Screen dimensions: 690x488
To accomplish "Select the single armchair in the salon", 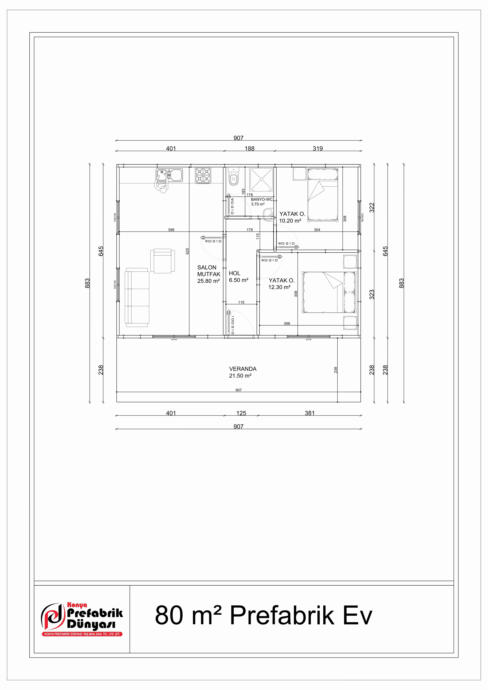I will tap(162, 261).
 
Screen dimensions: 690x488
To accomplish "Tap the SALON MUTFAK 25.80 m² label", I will tap(209, 274).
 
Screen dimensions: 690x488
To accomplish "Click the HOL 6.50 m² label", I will tap(238, 276).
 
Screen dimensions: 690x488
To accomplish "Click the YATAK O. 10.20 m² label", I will tap(292, 217).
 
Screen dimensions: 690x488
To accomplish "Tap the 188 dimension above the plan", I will tap(249, 148).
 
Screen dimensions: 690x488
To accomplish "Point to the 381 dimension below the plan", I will tap(309, 413).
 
